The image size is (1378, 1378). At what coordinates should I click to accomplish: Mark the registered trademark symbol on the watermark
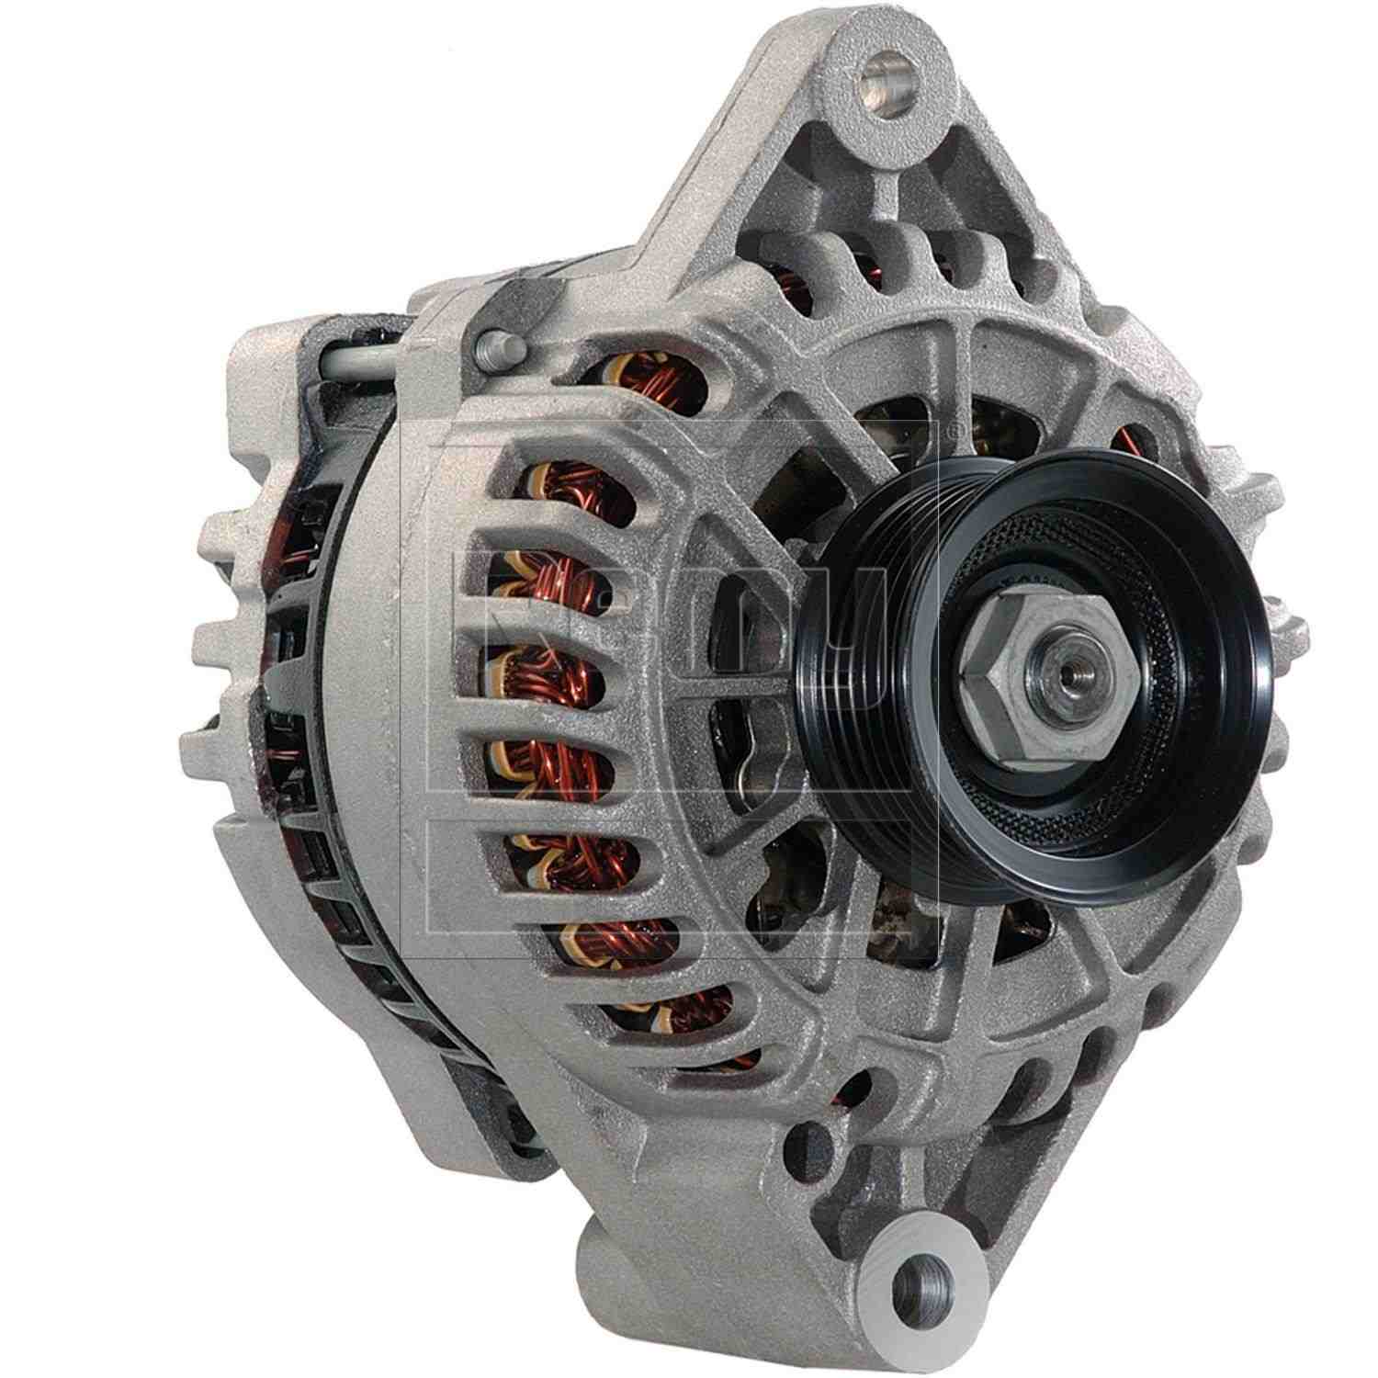click(x=938, y=429)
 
